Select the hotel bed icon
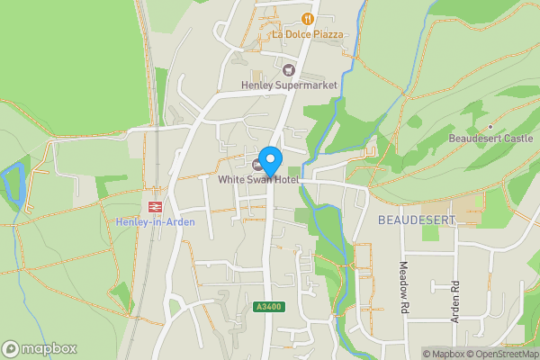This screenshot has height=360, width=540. (x=258, y=165)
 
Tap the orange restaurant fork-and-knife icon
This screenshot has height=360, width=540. (x=309, y=18)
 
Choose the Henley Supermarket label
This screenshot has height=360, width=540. (x=289, y=85)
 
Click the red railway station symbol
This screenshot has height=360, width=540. (x=155, y=206)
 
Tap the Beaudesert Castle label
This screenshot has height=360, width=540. (x=490, y=139)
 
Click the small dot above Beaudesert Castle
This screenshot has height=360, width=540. (x=490, y=127)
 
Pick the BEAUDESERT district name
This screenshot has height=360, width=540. (x=409, y=220)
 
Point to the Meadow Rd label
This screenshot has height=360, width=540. (x=404, y=287)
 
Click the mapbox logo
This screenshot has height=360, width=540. (x=39, y=348)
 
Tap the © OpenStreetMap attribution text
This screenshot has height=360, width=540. (x=503, y=354)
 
